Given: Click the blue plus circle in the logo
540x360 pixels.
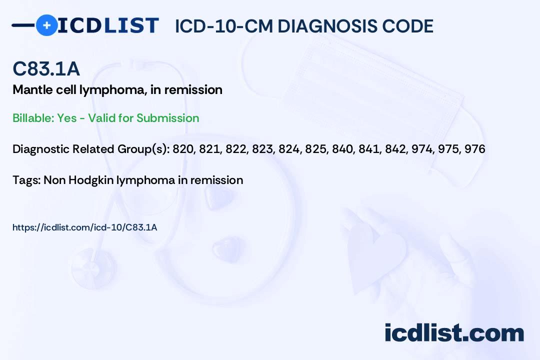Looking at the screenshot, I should tap(46, 25).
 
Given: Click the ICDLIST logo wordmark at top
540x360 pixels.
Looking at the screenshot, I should tap(108, 25).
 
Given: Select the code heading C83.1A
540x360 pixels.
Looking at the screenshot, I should tap(46, 69).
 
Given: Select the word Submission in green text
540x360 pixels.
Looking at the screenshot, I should tap(168, 118).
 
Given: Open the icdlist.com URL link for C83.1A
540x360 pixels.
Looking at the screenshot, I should tap(85, 227).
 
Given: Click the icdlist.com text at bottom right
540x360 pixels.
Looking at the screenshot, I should tap(454, 333).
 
